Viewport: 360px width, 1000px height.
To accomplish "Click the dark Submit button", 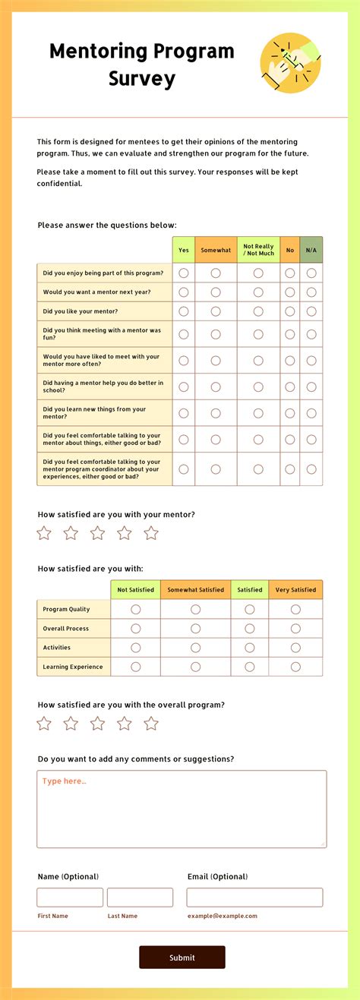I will (x=182, y=957).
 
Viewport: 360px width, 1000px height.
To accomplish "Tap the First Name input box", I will (x=70, y=897).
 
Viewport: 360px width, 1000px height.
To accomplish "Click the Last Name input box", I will (x=140, y=897).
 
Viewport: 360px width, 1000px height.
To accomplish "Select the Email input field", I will (x=254, y=897).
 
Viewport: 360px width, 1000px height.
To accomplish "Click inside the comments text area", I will (x=182, y=809).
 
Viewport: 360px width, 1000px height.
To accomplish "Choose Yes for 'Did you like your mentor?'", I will (x=184, y=311).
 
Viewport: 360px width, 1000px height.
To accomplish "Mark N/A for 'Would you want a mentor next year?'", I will (x=311, y=292).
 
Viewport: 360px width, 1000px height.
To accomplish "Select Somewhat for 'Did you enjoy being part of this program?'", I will (x=216, y=273).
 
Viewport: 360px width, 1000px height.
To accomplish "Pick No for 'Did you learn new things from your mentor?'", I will (x=290, y=413).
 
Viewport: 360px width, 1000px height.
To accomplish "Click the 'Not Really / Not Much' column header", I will (x=258, y=250).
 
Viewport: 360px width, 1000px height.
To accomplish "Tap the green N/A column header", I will (x=311, y=250).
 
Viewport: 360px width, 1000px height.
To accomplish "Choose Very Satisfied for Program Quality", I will (x=295, y=609).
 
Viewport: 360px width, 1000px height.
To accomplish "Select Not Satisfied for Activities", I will (x=136, y=648).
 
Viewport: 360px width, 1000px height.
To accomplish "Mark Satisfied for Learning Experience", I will (x=250, y=667).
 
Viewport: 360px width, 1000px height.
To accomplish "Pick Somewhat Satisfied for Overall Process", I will (x=196, y=629).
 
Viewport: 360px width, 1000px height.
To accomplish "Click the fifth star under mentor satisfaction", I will (x=151, y=533).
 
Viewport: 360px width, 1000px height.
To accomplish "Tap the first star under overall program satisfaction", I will (x=44, y=724).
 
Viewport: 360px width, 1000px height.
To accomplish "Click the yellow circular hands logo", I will (x=291, y=63).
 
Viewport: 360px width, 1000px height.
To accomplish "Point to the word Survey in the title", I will (x=142, y=78).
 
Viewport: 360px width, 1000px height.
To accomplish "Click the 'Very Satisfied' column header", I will (x=295, y=590).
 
